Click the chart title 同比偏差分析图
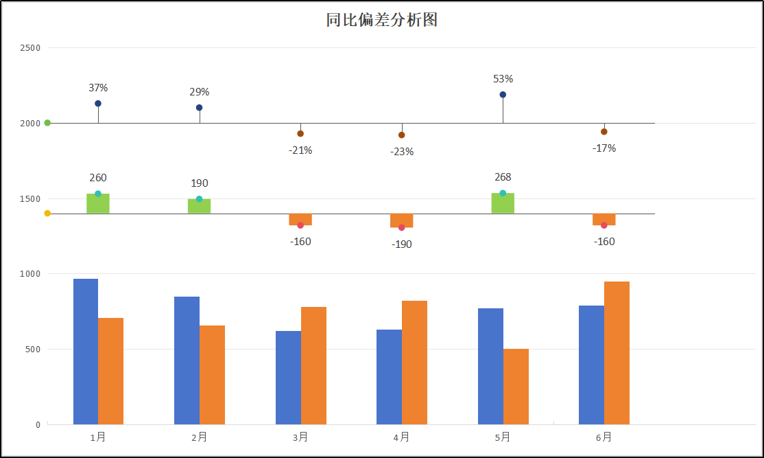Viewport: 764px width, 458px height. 382,20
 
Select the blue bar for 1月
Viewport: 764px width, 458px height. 86,352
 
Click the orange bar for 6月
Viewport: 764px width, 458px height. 617,353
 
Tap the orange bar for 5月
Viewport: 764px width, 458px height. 516,387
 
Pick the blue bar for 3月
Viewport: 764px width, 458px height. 288,378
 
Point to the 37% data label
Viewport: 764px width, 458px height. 98,88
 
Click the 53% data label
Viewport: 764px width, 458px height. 503,79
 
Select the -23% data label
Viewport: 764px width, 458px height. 402,152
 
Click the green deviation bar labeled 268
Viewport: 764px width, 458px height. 503,204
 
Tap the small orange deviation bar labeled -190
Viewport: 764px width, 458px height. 402,220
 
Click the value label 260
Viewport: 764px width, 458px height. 98,178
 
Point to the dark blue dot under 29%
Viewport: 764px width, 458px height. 200,108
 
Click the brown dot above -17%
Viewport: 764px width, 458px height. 604,132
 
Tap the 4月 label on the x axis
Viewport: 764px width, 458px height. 402,437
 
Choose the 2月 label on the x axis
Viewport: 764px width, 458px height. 200,437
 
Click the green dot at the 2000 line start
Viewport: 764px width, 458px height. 47,123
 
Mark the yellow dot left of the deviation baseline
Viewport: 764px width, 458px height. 47,214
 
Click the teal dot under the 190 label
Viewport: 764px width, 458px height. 200,199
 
